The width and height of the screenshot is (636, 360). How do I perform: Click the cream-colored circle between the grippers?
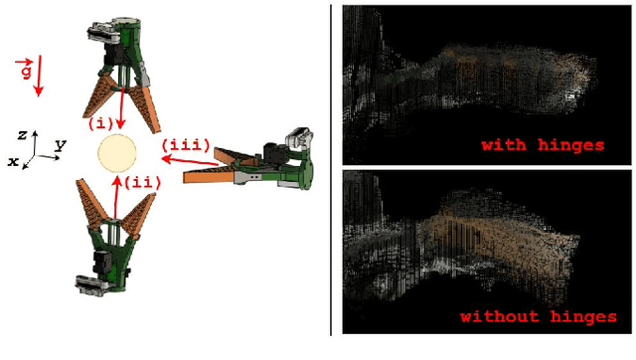point(117,153)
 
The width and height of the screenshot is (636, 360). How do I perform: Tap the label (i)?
point(101,123)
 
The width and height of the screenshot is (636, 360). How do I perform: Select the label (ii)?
point(142,183)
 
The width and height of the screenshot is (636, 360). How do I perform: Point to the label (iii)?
point(186,145)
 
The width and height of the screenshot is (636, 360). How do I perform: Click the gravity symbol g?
point(25,69)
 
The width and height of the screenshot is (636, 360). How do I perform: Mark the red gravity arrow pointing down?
point(39,76)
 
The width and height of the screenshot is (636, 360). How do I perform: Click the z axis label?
point(22,135)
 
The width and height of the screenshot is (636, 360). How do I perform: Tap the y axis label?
point(61,144)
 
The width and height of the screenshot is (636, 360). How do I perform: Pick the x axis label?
point(13,161)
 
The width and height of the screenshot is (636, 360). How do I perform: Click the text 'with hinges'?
point(543,145)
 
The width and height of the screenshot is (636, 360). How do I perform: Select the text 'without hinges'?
point(539,316)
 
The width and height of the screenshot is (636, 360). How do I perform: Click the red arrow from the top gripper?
point(121,107)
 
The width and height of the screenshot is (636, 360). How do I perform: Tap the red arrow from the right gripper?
point(190,161)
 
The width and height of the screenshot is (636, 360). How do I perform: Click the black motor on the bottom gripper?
point(101,263)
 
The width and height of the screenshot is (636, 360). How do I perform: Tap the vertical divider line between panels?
point(331,170)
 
